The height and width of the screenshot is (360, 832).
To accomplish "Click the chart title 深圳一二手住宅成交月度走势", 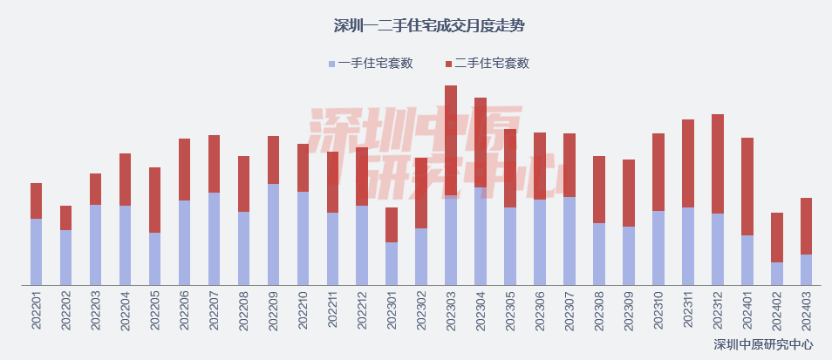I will pos(416,25).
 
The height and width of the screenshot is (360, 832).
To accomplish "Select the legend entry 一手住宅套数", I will pos(370,64).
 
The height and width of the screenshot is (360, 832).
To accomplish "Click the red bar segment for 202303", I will pos(451,139).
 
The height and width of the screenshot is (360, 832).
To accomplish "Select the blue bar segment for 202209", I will pos(273,234).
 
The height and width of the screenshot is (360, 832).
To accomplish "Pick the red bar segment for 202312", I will pos(718,164).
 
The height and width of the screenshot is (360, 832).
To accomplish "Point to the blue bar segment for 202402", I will pos(777,273).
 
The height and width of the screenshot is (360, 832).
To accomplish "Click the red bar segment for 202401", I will pos(747,187).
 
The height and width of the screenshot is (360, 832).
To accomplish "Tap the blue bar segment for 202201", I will pos(36,251).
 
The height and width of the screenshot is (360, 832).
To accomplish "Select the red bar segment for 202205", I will pos(154,200).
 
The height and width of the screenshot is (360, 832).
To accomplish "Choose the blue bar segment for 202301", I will pos(392,263).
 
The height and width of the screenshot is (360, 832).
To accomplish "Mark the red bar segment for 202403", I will pos(807,226).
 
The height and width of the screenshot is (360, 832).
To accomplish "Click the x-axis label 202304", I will pos(481,310).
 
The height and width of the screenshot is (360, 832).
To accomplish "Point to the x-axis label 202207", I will pos(214,310).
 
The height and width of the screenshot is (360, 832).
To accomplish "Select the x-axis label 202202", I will pos(65,310).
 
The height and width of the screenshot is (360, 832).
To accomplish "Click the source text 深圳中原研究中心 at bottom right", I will pos(763,345).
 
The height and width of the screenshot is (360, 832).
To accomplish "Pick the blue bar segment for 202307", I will pos(569,241).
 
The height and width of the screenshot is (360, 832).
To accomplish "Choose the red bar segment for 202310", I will pos(658,172).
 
